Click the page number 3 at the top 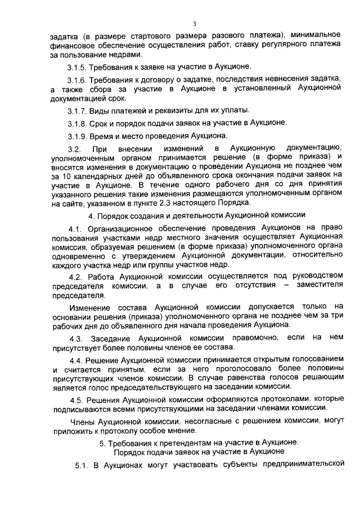pos(193,24)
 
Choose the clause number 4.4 pos(76,360)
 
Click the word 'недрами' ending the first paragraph pos(128,55)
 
